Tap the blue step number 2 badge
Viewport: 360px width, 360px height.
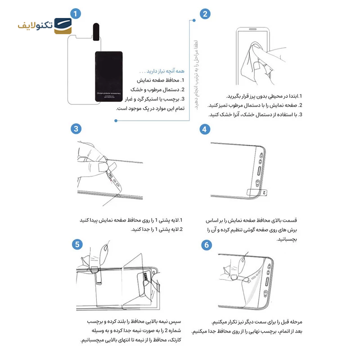point(205,13)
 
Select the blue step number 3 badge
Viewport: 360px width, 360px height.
point(76,129)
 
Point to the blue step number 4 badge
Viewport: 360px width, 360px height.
point(205,129)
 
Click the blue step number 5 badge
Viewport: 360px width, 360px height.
point(77,244)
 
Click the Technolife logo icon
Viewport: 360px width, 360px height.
point(63,26)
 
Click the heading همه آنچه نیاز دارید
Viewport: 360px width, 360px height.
point(162,71)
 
